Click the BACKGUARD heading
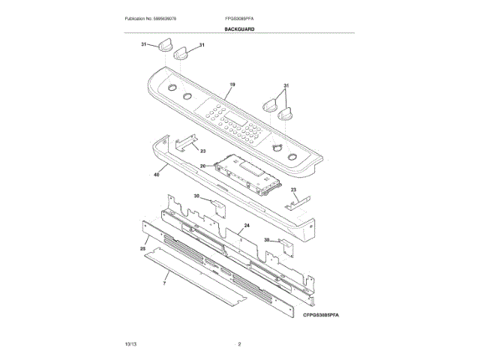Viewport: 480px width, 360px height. coord(239,29)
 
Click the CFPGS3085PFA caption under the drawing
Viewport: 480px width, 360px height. coord(322,316)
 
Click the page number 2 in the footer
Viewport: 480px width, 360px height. coord(239,343)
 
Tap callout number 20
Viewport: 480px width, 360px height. coord(202,166)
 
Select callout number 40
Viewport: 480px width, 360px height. coord(156,175)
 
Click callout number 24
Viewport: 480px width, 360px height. coord(246,225)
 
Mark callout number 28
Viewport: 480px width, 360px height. coord(142,247)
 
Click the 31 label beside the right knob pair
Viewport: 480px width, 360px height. coord(286,85)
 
